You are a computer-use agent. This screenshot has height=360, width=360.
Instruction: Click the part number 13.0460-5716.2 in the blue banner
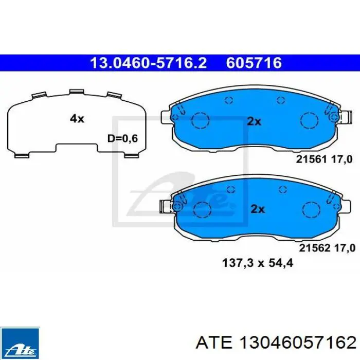148,63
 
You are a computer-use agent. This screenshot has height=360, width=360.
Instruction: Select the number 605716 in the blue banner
254,63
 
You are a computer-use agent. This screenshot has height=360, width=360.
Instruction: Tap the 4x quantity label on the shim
77,119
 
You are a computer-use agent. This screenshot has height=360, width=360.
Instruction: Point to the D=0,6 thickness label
122,138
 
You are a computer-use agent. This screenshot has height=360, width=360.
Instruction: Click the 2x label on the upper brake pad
254,121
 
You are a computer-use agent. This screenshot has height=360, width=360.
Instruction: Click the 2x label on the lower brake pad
258,209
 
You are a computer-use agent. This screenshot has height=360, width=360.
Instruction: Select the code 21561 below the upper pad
311,159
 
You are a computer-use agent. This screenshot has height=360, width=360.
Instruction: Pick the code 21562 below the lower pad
315,248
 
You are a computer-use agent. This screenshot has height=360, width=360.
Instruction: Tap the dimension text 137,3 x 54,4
258,263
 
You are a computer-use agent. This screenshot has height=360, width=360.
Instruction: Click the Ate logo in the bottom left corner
20,344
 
